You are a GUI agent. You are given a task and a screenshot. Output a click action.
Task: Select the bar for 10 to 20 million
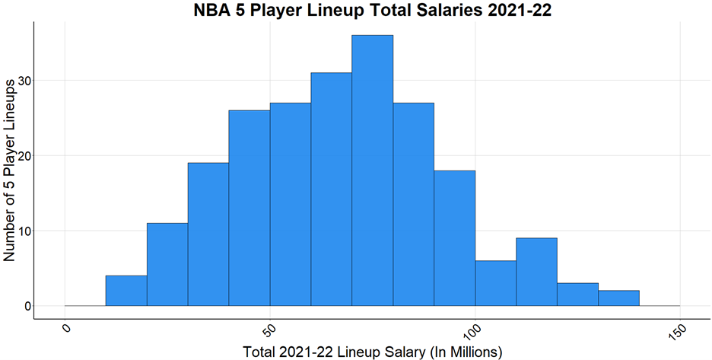tap(126, 291)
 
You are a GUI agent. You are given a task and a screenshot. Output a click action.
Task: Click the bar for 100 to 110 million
tap(495, 283)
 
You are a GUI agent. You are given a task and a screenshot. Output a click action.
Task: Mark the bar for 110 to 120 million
tap(536, 272)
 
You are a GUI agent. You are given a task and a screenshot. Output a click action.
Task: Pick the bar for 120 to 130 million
tap(577, 295)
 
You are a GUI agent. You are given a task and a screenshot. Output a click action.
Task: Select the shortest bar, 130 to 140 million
tap(618, 298)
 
